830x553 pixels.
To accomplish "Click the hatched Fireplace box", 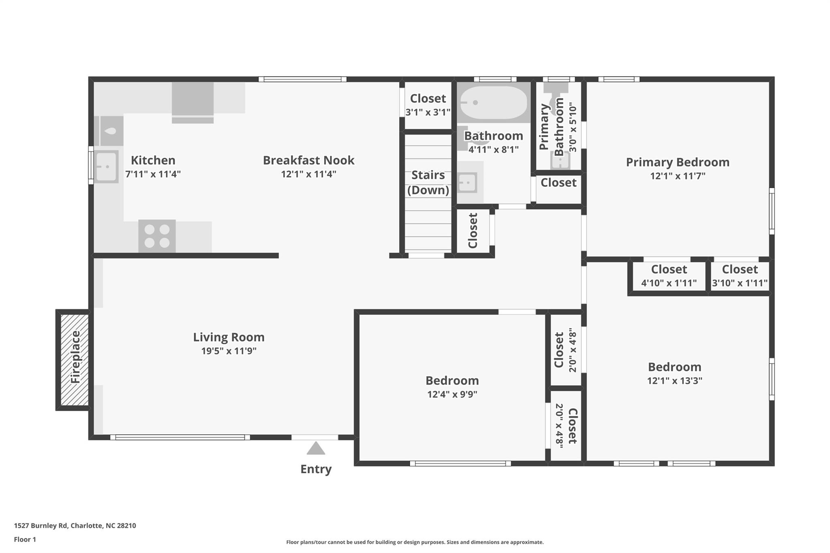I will coord(75,360).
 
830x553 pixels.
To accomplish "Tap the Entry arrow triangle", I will coord(316,448).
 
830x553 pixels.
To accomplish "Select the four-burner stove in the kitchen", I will coord(157,236).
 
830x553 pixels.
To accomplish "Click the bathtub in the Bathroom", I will coord(493,102).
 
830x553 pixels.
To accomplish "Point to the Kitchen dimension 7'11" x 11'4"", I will coord(153,174).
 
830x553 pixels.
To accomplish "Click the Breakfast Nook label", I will coord(308,160).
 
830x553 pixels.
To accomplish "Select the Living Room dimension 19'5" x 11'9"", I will coord(229,351).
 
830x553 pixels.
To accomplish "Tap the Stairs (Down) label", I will coord(428,182).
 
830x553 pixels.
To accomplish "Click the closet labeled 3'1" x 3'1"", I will coord(428,105).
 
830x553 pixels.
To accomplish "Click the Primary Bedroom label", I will coord(678,162).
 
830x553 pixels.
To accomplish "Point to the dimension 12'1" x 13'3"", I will coord(674,381).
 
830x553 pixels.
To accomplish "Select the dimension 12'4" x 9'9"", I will coord(452,394).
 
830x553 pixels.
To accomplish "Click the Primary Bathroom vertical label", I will coord(551,126).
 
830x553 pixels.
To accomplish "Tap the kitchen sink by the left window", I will coord(107,167).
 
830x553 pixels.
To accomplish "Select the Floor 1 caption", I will coord(25,539).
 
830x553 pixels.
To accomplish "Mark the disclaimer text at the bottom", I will coord(415,542).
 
